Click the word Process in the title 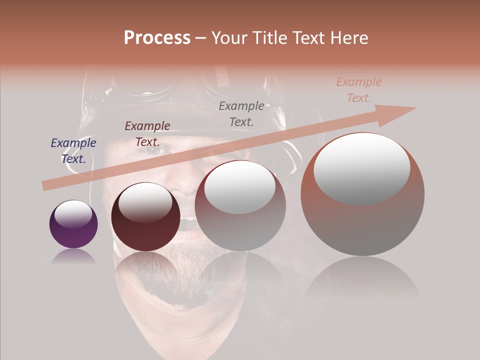(x=157, y=37)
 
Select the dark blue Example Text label (x=73, y=150)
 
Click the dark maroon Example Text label (x=147, y=133)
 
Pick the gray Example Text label (x=241, y=113)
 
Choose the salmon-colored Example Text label (x=359, y=90)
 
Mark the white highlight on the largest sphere (x=362, y=168)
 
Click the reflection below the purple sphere (x=73, y=257)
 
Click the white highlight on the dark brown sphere (x=145, y=202)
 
